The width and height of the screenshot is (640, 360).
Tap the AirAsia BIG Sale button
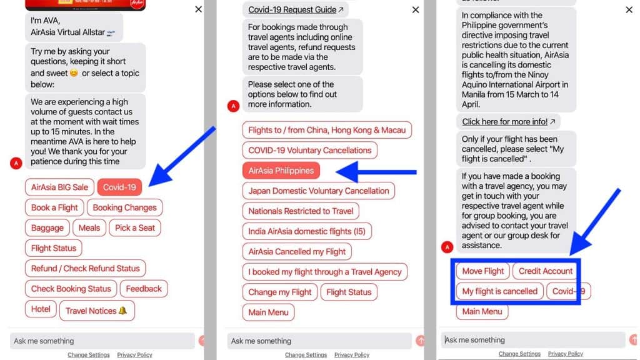(59, 187)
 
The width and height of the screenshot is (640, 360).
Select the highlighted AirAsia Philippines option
(281, 171)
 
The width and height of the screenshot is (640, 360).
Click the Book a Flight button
(54, 207)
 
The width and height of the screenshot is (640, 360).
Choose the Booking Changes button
(124, 207)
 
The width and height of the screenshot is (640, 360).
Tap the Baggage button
(47, 227)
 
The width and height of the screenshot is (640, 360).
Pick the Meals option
(89, 227)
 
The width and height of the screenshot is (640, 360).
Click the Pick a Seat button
(135, 227)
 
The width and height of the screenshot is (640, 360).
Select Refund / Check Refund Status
(85, 268)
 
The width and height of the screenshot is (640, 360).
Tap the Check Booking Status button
(71, 289)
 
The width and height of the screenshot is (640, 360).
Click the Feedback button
(144, 289)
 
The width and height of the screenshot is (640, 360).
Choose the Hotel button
(41, 309)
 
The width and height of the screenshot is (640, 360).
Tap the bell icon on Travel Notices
(122, 311)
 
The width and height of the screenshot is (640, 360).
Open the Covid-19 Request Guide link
(296, 9)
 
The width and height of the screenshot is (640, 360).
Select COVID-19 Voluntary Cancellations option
(310, 150)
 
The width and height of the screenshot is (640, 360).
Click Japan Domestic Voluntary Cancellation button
(318, 191)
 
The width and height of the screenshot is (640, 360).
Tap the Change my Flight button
(279, 292)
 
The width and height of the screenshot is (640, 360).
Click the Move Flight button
(483, 271)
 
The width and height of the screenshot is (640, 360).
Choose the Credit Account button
(546, 271)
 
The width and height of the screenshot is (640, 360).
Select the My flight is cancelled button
(499, 291)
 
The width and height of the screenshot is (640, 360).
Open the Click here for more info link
(509, 122)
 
